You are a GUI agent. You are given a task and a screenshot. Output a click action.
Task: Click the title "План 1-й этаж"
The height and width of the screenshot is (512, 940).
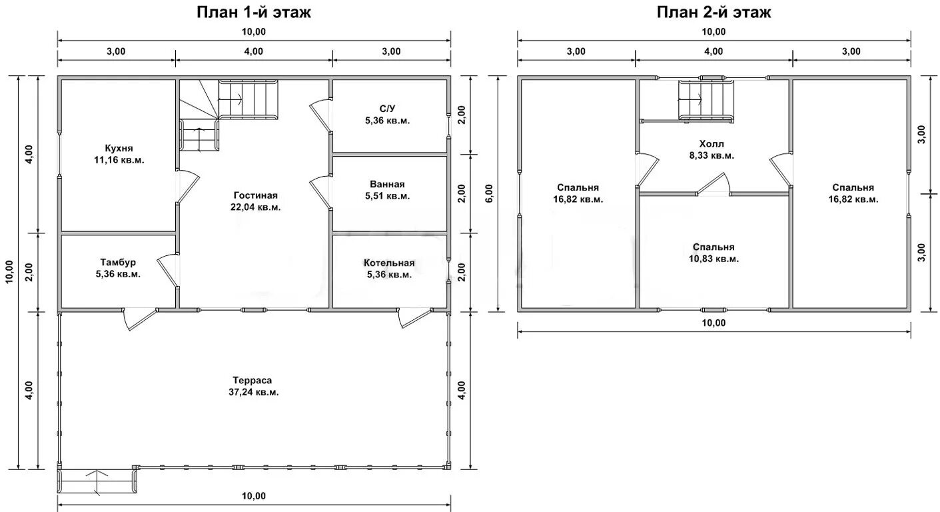coord(254,12)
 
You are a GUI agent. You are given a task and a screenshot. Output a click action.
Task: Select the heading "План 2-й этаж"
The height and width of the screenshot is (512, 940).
coord(713,12)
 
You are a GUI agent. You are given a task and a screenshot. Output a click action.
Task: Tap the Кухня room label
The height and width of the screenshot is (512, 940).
coord(119,148)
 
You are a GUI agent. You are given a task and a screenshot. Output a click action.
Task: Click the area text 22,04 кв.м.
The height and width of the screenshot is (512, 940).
coord(256,207)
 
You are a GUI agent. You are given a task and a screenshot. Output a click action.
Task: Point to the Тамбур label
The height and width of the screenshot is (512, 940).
coord(118,263)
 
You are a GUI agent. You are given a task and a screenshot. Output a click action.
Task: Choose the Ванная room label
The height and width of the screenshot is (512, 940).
coord(387,184)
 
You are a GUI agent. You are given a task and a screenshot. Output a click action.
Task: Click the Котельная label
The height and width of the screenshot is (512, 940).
coord(389,263)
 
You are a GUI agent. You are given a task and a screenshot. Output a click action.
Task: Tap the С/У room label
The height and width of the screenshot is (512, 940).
coord(387,109)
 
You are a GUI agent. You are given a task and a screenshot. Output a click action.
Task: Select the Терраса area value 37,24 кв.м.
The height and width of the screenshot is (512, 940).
coord(253,392)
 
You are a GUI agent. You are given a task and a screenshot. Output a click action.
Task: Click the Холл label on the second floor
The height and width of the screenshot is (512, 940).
coord(711,144)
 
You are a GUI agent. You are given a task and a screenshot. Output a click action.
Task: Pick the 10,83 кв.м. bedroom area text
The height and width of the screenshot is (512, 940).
coord(713,259)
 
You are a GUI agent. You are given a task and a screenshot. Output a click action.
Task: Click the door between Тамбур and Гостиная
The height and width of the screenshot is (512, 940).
coord(167,271)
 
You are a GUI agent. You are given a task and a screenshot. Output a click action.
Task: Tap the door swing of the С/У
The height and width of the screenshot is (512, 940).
coord(320,116)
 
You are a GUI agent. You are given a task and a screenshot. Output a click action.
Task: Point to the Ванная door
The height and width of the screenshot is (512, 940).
coord(320,193)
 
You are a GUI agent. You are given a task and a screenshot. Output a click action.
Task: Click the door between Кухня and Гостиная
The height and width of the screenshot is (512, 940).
coord(187,187)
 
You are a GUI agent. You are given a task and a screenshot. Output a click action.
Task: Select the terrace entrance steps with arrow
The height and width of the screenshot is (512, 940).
coord(97,481)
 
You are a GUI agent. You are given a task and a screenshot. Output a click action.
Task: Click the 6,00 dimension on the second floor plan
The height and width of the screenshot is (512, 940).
coord(489,194)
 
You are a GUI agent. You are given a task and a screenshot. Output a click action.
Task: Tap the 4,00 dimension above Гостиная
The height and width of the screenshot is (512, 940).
coord(254,51)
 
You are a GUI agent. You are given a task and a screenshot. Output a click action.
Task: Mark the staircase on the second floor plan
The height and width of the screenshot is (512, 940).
coord(706,101)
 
